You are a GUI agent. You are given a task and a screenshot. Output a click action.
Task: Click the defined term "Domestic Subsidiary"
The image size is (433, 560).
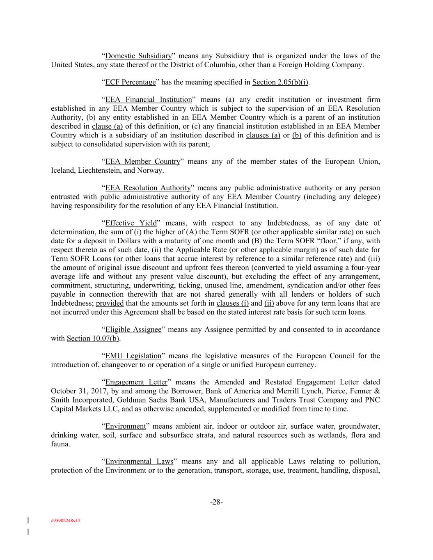(138, 56)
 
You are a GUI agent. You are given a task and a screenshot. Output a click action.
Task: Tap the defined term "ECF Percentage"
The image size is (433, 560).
(131, 82)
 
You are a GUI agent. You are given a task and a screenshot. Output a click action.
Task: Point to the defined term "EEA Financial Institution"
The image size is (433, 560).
(149, 100)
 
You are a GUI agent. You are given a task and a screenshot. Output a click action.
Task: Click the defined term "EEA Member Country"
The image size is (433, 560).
(143, 162)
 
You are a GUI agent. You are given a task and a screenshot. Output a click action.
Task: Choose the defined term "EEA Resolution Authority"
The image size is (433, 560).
(148, 188)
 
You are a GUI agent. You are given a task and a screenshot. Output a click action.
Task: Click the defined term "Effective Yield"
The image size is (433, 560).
(131, 223)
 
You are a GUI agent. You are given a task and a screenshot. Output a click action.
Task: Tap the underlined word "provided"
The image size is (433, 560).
(110, 303)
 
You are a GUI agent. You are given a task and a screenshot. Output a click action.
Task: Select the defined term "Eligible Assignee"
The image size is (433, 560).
(133, 329)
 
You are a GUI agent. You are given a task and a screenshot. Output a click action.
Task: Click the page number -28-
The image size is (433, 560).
(216, 502)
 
